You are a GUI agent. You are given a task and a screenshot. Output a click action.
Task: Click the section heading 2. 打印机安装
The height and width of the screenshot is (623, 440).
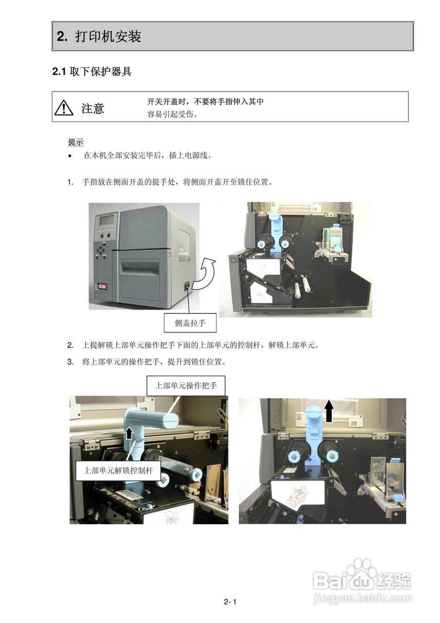tap(99, 37)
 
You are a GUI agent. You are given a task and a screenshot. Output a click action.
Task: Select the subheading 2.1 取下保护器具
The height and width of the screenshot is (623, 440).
tap(92, 72)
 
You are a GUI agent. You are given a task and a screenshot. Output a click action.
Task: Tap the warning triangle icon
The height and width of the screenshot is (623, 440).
tap(64, 108)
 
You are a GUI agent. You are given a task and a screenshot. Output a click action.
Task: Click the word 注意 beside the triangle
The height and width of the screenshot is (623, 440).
tap(92, 108)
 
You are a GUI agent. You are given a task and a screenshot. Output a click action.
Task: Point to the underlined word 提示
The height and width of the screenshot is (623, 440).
tap(75, 142)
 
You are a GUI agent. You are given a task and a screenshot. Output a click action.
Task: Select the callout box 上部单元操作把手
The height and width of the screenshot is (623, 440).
tap(185, 386)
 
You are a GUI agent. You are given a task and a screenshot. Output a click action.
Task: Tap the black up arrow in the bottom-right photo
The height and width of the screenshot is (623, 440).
tap(330, 410)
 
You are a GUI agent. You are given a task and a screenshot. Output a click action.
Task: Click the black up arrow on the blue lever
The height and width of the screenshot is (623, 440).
tap(129, 433)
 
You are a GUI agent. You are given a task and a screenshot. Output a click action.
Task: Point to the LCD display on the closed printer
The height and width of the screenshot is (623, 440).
tap(107, 220)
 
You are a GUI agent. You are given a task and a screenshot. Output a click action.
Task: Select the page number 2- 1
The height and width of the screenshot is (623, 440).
tap(230, 602)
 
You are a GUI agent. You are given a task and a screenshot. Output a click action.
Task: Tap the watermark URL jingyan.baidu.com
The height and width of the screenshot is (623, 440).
tap(363, 598)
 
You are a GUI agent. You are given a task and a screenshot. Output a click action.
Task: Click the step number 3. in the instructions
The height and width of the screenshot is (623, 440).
tap(71, 362)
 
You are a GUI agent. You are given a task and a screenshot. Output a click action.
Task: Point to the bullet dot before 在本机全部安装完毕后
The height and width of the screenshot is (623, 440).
tap(71, 156)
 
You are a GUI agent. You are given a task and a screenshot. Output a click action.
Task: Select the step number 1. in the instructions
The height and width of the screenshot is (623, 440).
tap(71, 183)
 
